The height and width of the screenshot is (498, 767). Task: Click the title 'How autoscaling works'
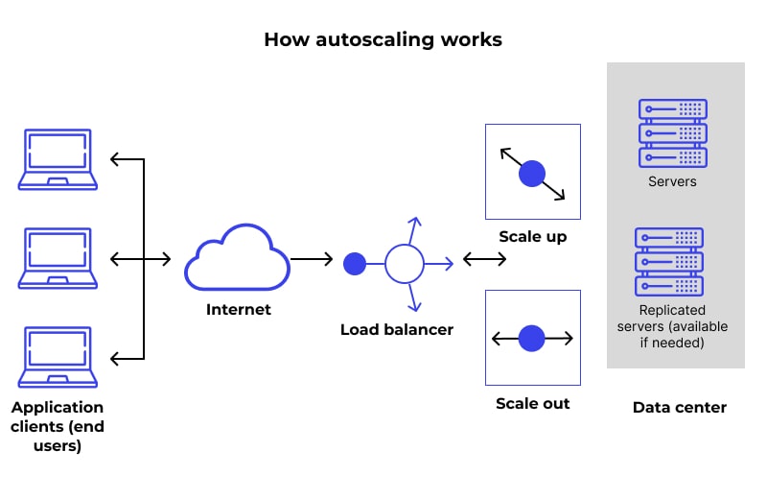[383, 39]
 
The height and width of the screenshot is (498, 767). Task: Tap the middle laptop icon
[58, 258]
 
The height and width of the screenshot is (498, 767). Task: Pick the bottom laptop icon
[58, 358]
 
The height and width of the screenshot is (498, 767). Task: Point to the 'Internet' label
[239, 309]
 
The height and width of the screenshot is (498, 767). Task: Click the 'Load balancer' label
[396, 329]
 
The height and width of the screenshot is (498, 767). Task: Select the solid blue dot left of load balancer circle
[355, 262]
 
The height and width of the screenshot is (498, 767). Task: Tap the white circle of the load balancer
[404, 262]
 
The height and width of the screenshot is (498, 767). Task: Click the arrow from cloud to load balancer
[312, 259]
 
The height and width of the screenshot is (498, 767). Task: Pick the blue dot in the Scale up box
[531, 174]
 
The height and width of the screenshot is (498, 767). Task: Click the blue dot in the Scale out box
[531, 338]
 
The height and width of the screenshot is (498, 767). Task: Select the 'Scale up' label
[532, 236]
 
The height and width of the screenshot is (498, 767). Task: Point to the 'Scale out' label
[532, 403]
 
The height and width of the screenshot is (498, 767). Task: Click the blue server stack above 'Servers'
[672, 132]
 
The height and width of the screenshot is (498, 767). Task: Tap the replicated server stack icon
[669, 262]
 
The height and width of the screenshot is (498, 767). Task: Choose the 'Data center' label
[679, 407]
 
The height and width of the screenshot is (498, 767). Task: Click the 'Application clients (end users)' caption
[58, 426]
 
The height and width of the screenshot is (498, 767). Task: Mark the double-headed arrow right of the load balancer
[484, 259]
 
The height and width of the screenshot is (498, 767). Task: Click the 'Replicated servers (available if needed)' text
[671, 326]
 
